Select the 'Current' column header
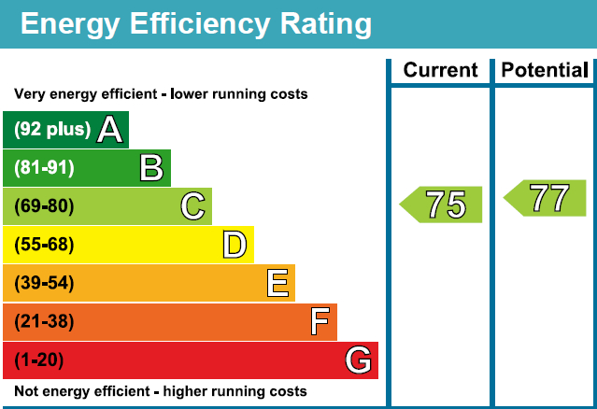click(x=440, y=71)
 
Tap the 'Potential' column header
click(x=545, y=71)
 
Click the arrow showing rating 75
click(x=442, y=204)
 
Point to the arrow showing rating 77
click(x=546, y=198)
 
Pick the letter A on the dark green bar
click(x=109, y=130)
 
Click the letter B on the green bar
click(x=151, y=168)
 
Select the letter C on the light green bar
click(x=192, y=206)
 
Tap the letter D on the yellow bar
click(x=234, y=245)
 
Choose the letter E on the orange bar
click(x=277, y=283)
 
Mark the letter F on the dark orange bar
click(x=319, y=322)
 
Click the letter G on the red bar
click(x=359, y=360)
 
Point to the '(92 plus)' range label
click(x=52, y=130)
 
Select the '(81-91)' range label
click(x=43, y=168)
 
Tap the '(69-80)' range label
click(x=43, y=206)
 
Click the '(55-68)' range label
click(x=43, y=245)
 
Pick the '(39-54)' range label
click(x=43, y=283)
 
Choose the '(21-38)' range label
click(x=43, y=322)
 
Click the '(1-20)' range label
click(x=39, y=360)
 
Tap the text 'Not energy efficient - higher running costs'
click(x=160, y=391)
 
